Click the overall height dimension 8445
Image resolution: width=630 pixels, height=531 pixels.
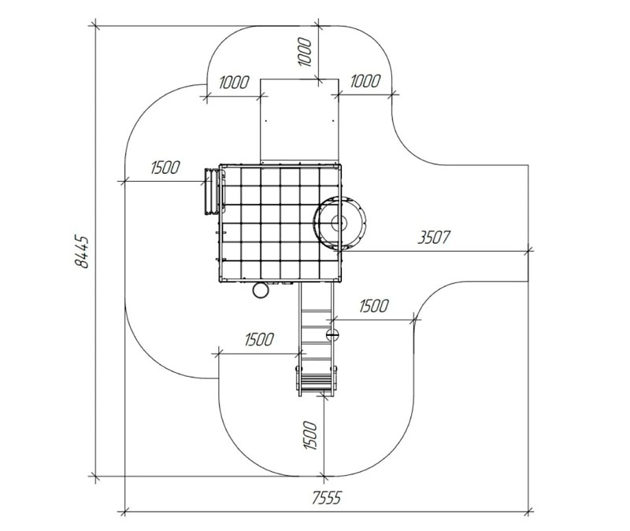(82, 252)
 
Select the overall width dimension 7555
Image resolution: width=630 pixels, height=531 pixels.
(327, 498)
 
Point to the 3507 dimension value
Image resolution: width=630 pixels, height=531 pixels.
(434, 238)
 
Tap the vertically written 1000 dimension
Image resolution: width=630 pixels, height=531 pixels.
(305, 52)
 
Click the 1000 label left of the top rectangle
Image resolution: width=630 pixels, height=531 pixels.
(235, 83)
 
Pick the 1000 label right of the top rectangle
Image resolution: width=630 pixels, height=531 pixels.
(365, 81)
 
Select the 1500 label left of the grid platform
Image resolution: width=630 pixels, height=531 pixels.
(165, 168)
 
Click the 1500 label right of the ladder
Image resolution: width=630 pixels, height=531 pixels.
(374, 306)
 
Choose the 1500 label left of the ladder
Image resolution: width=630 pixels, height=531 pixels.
(260, 340)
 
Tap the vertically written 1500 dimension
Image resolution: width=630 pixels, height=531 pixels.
(310, 436)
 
